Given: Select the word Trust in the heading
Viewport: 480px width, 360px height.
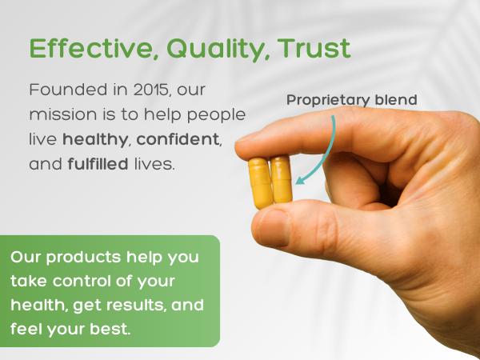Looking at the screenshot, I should (x=314, y=48).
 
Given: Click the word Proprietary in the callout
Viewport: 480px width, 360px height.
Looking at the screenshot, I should (x=323, y=100).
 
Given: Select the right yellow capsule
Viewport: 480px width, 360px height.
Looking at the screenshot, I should (x=280, y=179).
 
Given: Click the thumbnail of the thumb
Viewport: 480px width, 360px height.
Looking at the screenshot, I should (x=270, y=227).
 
